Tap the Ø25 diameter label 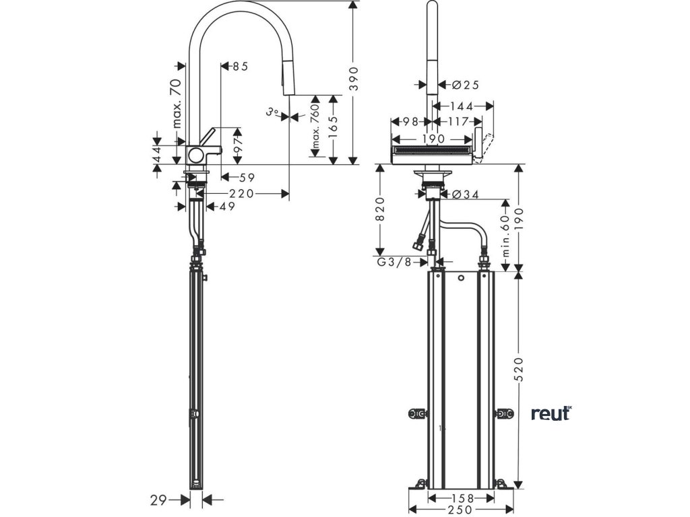[x=465, y=85]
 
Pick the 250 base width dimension [x=462, y=510]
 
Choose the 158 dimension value [x=462, y=498]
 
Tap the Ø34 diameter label [x=465, y=195]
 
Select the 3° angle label [x=272, y=112]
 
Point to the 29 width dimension [x=158, y=499]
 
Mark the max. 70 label [x=177, y=103]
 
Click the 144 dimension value [x=462, y=106]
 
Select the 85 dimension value [x=241, y=67]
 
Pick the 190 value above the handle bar [x=433, y=139]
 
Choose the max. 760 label [x=315, y=127]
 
